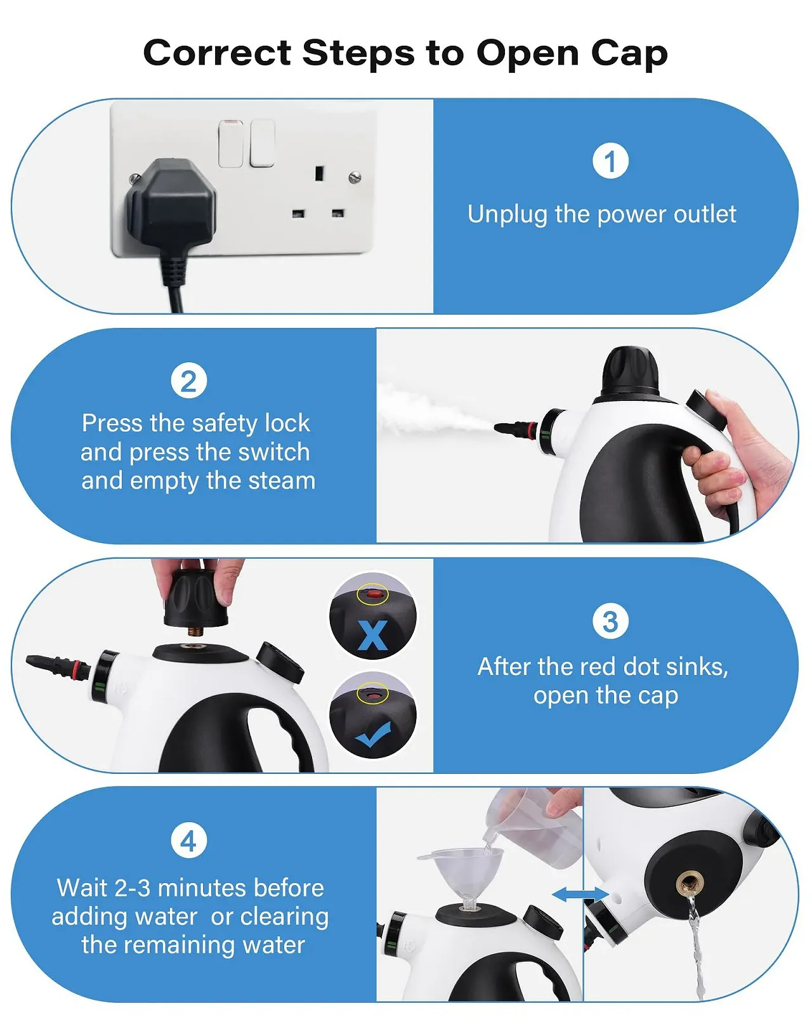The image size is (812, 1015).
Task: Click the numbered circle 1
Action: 610,161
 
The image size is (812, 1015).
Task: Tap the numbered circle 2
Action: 189,381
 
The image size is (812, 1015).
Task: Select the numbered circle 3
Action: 610,621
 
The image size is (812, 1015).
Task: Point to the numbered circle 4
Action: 189,841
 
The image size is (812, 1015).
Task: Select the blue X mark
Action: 373,634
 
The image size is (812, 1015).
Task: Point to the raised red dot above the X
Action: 373,594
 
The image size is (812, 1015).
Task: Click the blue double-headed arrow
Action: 580,894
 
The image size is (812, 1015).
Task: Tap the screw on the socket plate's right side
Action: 355,178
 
